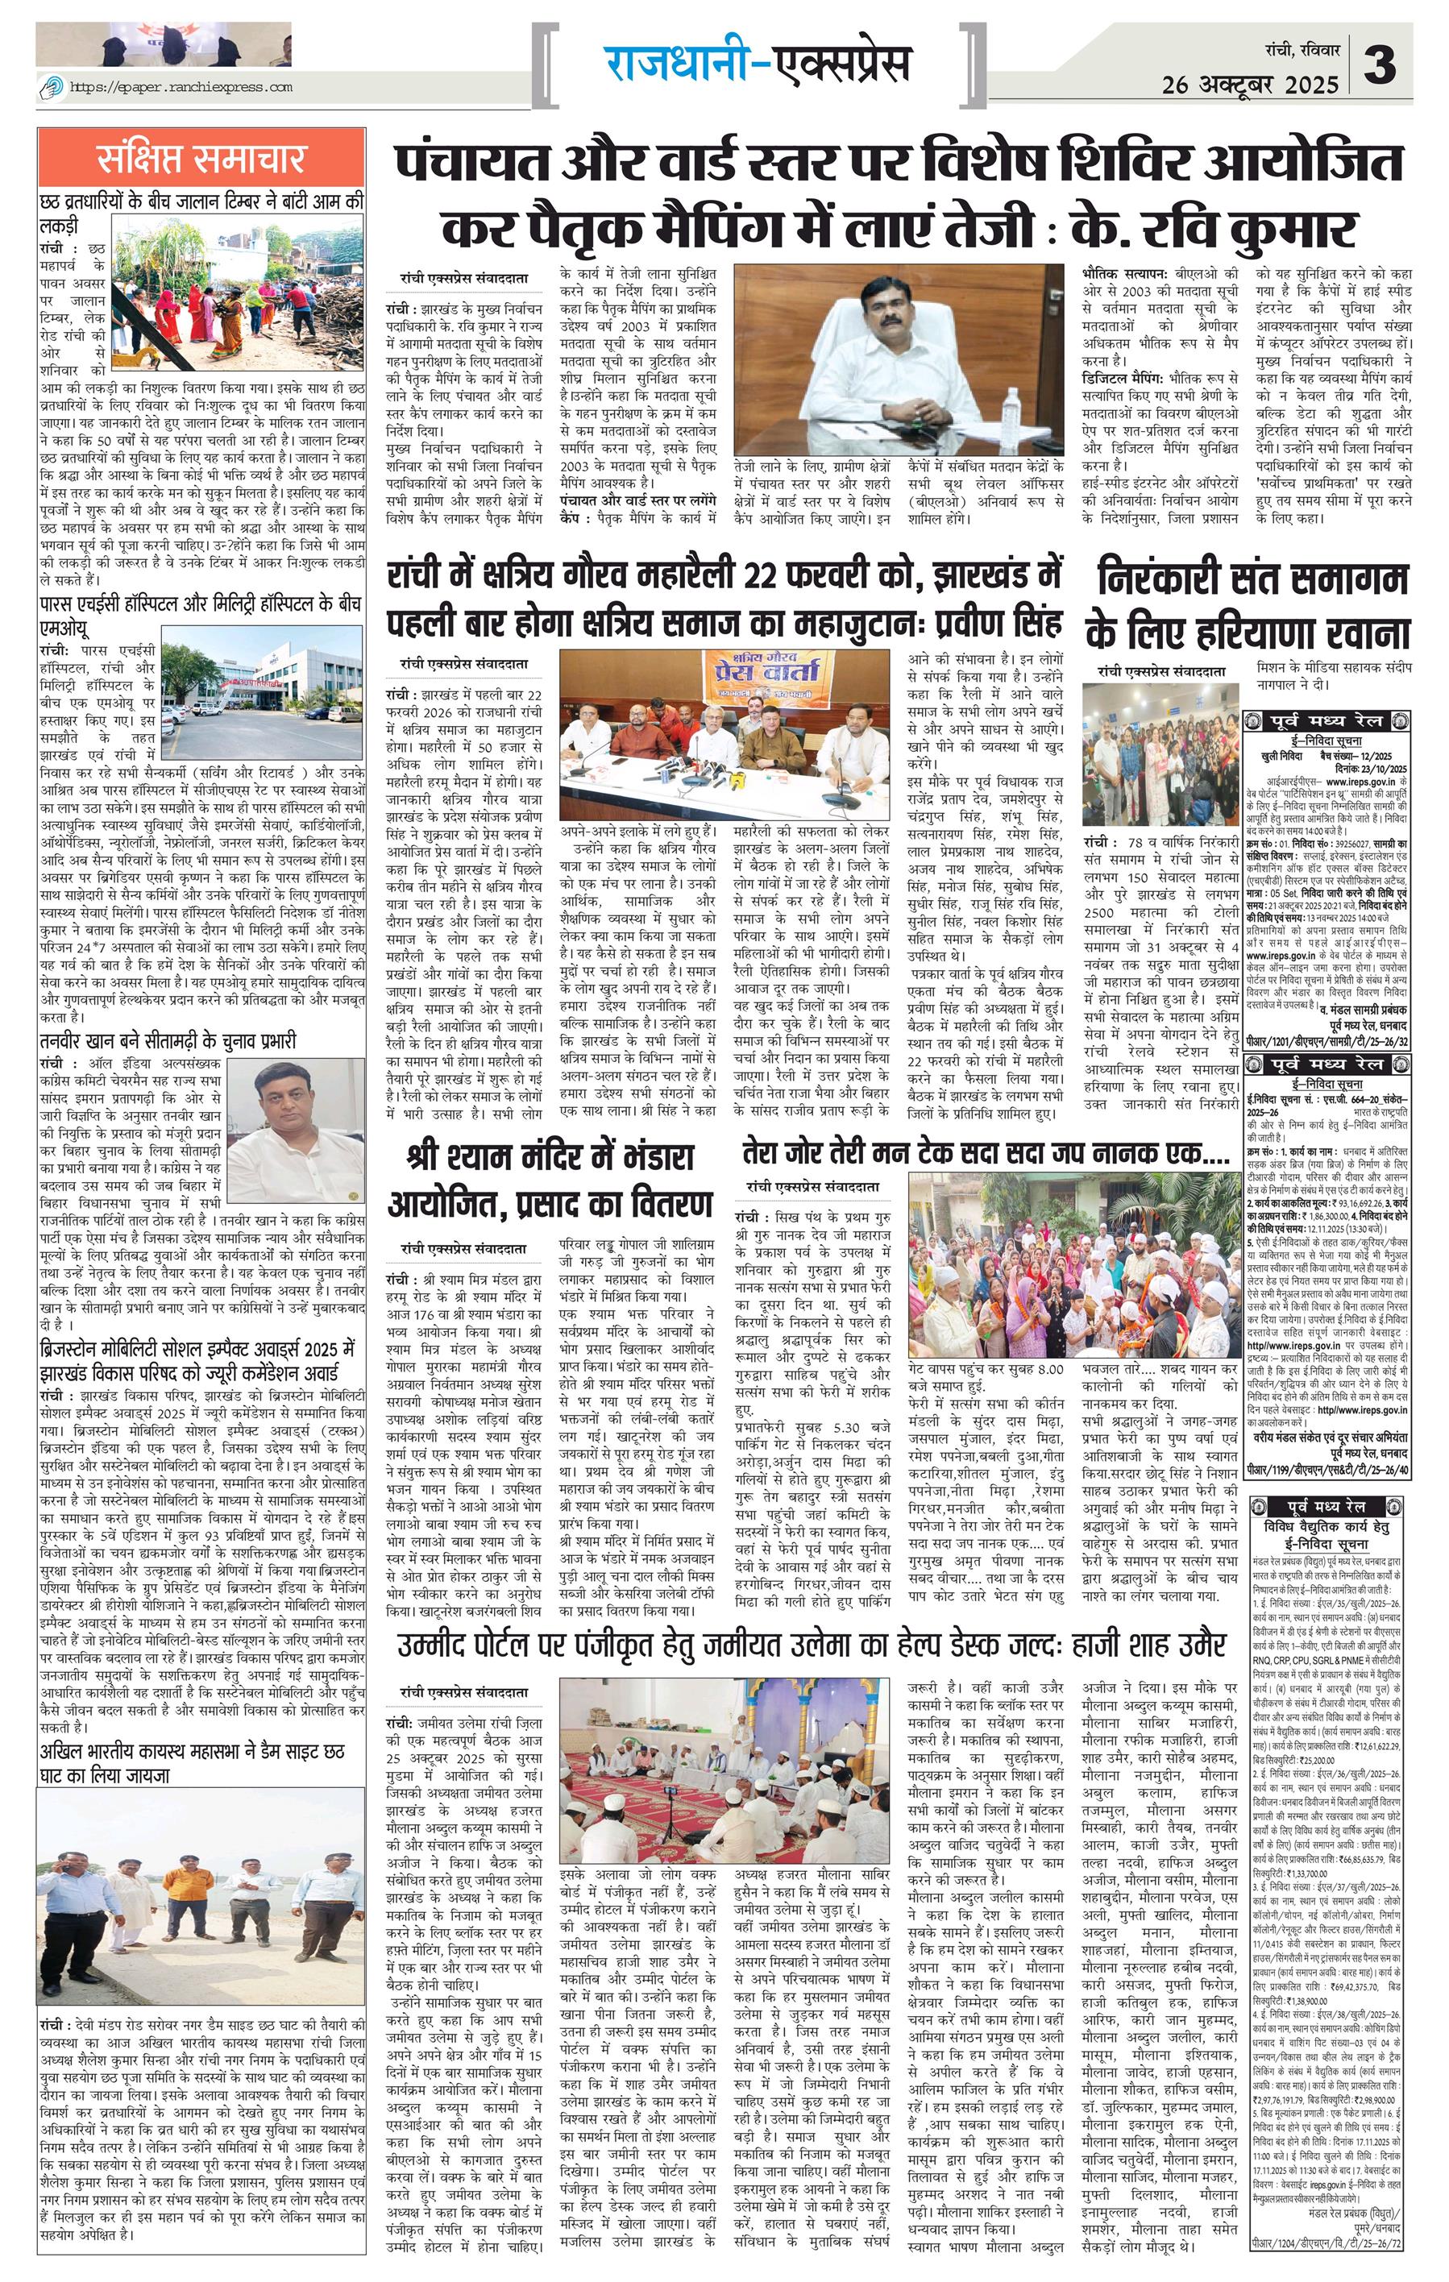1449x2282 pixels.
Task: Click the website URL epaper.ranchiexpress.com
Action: point(180,87)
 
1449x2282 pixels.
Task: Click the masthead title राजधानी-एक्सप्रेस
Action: point(758,63)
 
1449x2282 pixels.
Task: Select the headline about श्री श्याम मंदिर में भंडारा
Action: point(550,1180)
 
